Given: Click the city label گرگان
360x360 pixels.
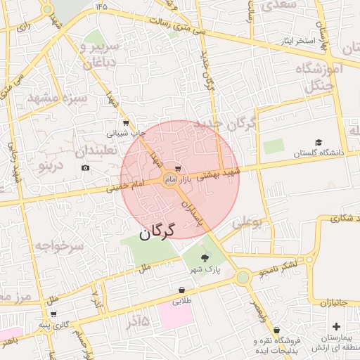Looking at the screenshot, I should pyautogui.click(x=155, y=233).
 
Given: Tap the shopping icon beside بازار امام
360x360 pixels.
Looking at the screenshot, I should pyautogui.click(x=177, y=169).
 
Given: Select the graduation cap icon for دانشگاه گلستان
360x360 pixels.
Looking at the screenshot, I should pyautogui.click(x=318, y=143).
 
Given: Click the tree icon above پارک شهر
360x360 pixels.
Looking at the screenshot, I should pyautogui.click(x=205, y=259).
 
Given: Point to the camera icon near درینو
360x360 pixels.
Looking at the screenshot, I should pyautogui.click(x=86, y=167).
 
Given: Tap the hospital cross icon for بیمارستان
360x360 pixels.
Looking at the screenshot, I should pyautogui.click(x=336, y=326).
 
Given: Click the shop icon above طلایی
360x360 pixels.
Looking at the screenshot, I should pyautogui.click(x=182, y=290).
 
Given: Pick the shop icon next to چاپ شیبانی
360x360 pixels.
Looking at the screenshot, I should pyautogui.click(x=126, y=122).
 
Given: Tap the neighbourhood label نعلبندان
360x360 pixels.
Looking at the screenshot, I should pyautogui.click(x=100, y=150).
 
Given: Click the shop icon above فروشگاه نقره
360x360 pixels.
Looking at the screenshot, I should pyautogui.click(x=276, y=330).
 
